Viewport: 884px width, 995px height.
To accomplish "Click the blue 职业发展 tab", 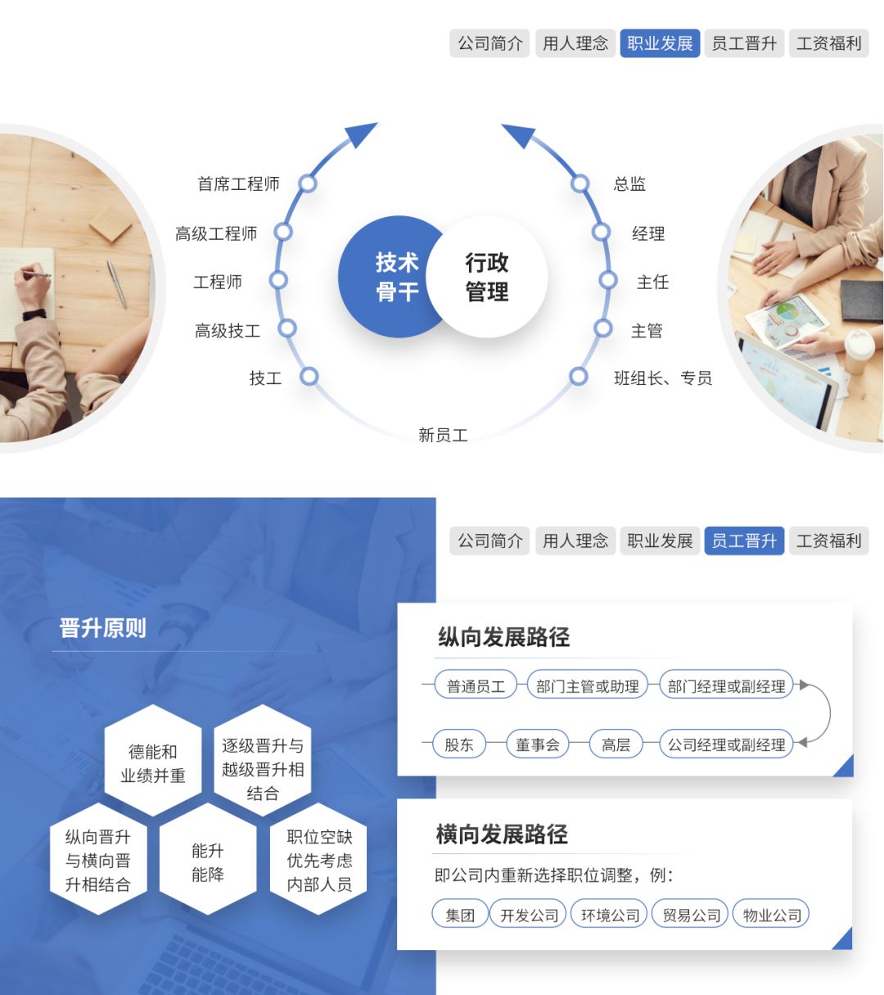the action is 660,43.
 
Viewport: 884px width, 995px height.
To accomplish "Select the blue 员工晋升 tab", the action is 744,540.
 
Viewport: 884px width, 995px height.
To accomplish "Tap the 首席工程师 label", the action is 238,183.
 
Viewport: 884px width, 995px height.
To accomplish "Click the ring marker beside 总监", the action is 580,183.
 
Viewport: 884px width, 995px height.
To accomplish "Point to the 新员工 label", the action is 443,435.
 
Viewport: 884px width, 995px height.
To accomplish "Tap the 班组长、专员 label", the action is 662,378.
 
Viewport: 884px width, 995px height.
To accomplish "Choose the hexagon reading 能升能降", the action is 207,862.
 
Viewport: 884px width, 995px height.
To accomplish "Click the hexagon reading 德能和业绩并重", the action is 153,762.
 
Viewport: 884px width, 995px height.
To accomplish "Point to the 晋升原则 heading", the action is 102,628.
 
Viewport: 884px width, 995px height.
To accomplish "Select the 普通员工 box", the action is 476,685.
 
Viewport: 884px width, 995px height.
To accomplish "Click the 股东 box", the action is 459,744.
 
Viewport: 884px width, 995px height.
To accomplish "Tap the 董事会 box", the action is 538,744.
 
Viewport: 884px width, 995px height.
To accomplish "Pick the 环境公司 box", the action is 610,915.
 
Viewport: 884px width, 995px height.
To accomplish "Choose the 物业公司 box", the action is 771,915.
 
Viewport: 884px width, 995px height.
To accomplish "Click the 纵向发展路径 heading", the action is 503,637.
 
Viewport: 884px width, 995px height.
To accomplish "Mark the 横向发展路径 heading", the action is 501,834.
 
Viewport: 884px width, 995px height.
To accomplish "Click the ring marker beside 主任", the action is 607,280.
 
